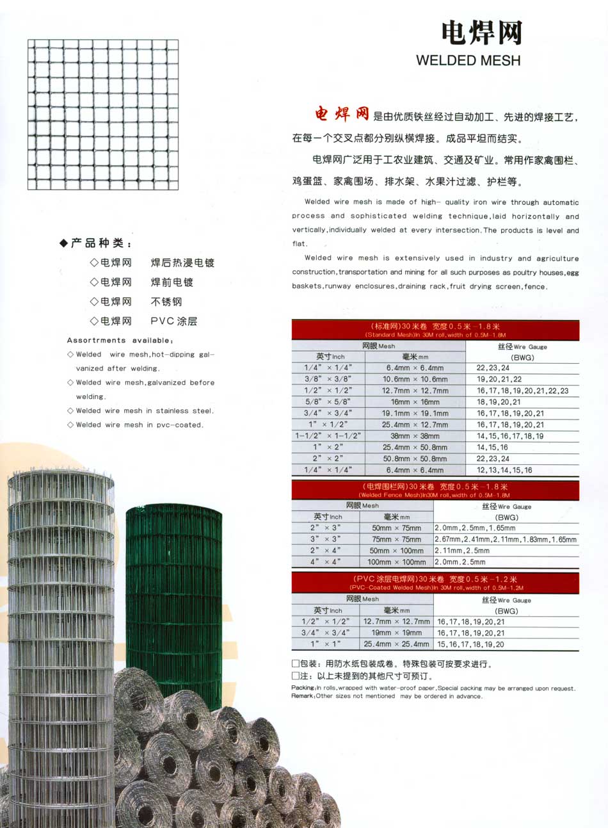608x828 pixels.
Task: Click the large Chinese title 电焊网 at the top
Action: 481,33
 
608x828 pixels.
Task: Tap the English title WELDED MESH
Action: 468,61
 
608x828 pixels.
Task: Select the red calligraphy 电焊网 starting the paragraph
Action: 342,114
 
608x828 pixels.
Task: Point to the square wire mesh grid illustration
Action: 103,115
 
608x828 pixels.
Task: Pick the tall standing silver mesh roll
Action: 61,640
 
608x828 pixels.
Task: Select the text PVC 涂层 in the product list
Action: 173,321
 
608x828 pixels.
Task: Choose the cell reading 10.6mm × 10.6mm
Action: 415,379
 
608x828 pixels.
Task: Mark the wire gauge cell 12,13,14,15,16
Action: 504,470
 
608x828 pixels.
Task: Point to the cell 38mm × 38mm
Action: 415,436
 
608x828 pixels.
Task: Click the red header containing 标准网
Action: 435,330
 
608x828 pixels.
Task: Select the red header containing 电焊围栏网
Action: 435,490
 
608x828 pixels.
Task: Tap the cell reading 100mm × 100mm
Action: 396,562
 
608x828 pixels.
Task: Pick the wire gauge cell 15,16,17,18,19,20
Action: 470,644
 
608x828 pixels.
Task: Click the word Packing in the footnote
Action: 303,688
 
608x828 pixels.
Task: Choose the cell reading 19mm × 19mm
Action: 396,633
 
